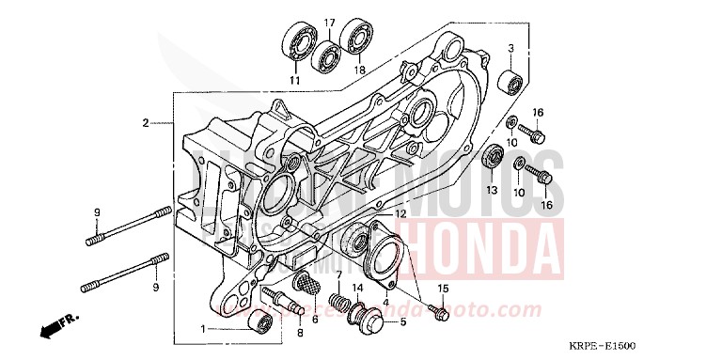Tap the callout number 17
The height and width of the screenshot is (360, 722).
[329, 22]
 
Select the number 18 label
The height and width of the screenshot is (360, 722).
[359, 70]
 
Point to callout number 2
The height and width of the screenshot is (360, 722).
[146, 123]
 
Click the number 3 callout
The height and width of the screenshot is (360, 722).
[511, 48]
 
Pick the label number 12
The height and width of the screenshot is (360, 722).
[400, 214]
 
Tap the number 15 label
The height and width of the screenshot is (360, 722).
[443, 288]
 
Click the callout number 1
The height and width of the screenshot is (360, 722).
[202, 329]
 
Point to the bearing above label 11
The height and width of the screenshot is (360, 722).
[297, 44]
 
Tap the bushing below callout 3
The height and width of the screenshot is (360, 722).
[511, 80]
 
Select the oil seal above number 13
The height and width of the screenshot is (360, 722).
[491, 158]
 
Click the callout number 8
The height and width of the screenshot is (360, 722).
[299, 334]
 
